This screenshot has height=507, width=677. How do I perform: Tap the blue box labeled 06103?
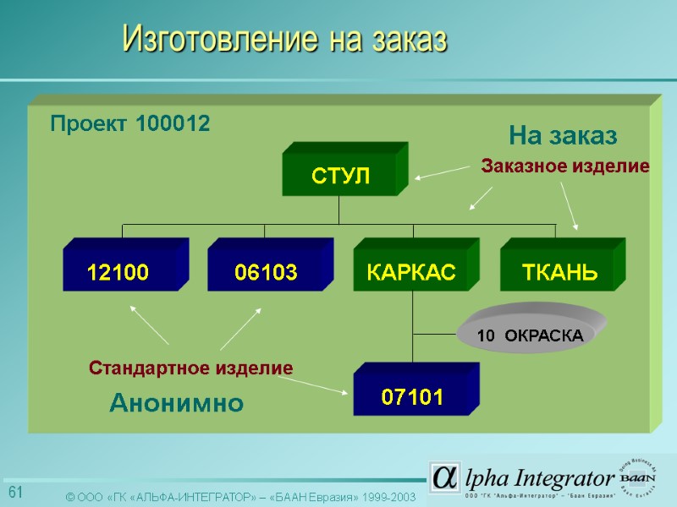point(265,271)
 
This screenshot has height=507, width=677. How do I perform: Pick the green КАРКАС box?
point(410,271)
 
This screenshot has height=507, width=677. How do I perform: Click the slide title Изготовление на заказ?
point(284,38)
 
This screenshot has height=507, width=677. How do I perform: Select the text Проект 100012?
point(129,123)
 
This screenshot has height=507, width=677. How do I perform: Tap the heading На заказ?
point(563,135)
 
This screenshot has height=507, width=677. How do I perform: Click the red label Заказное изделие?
point(564,167)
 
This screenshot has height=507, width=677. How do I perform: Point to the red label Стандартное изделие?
point(190,368)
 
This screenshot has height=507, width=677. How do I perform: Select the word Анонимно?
point(176,404)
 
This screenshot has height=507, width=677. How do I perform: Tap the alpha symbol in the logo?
point(444,477)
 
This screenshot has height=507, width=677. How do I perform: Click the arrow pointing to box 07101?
point(313,385)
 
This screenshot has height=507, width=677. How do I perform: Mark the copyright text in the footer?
point(241,497)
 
